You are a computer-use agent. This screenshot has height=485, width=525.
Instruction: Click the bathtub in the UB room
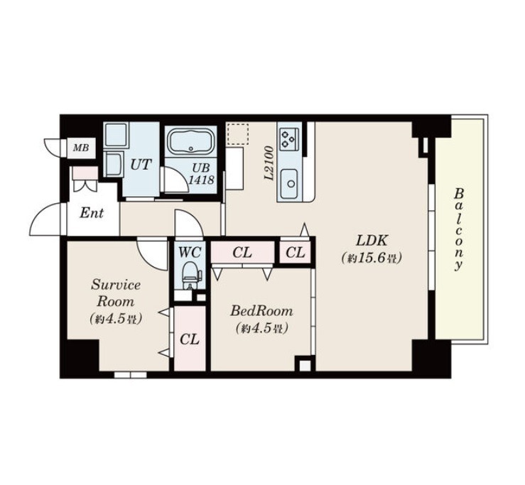coord(191,142)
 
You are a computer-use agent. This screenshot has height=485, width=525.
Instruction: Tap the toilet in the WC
coord(190,275)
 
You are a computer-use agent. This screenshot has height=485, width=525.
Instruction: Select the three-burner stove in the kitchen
coord(288,138)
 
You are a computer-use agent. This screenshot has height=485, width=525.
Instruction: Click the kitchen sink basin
coord(290,183)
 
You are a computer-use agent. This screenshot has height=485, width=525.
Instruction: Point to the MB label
coord(81,148)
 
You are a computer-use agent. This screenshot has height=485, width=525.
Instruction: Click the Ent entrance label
coord(92,213)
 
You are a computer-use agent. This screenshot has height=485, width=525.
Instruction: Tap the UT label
coord(141,165)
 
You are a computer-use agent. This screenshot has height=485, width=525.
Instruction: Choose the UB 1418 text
coord(201,174)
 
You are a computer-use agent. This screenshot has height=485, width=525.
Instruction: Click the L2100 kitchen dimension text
coord(269,163)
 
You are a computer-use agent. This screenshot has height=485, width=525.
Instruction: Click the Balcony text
coord(459,230)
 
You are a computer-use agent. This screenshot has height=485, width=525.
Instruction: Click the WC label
coord(190,252)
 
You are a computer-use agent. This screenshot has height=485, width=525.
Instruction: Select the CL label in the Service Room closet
coord(190,339)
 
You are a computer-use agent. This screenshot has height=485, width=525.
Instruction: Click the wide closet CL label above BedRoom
coord(242,253)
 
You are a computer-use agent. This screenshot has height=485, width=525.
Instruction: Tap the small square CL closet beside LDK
coord(296,252)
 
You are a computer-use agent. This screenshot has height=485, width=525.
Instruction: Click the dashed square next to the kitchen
coord(238,134)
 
